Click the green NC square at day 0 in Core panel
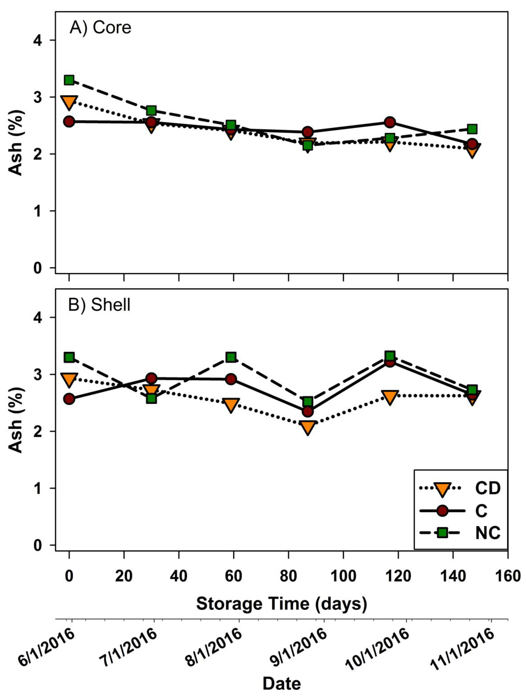(x=69, y=80)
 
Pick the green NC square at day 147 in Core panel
(x=472, y=129)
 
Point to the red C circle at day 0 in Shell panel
(x=69, y=399)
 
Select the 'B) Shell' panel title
(x=99, y=305)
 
